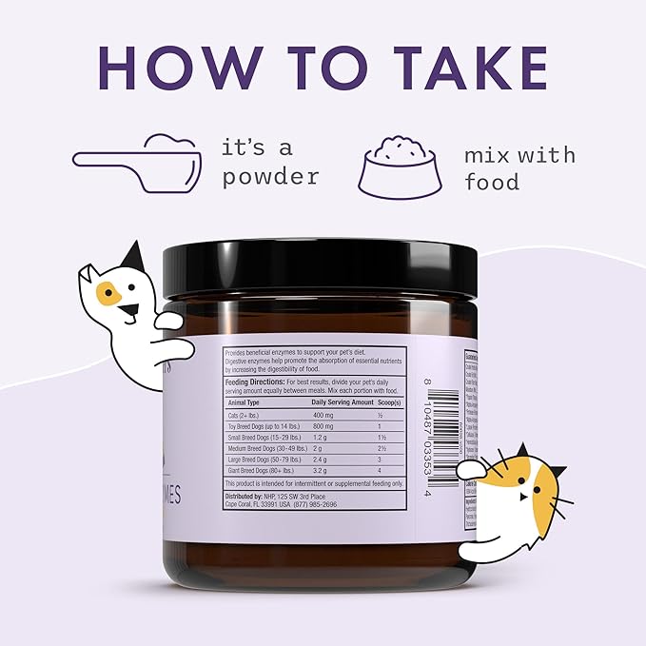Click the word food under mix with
[492, 181]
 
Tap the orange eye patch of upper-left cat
[108, 294]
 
